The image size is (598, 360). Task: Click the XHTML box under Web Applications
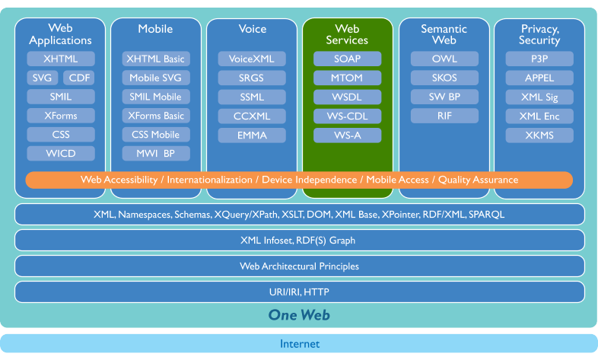click(61, 59)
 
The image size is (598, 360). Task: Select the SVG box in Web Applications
click(41, 78)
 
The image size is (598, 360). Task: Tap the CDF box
click(79, 78)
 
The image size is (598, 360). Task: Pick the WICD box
click(61, 154)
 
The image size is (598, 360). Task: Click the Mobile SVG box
click(156, 78)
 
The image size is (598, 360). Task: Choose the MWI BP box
click(156, 154)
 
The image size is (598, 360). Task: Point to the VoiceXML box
click(252, 59)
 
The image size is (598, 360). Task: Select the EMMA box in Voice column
click(252, 135)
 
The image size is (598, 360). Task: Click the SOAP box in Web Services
click(347, 59)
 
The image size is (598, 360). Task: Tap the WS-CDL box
click(347, 116)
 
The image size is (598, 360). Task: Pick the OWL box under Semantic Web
click(444, 59)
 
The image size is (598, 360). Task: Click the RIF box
click(444, 116)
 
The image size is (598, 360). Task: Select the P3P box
click(539, 59)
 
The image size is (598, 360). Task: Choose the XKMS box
click(539, 135)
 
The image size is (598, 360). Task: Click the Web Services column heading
click(347, 34)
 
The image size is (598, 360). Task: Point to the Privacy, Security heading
click(539, 34)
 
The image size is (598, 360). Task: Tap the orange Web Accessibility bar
click(299, 180)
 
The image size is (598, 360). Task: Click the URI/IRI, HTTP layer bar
click(299, 292)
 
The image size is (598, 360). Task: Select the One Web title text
click(299, 315)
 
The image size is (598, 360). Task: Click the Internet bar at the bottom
click(299, 344)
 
